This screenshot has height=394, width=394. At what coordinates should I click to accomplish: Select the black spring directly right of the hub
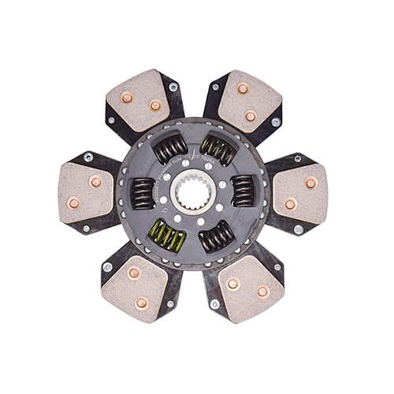pyautogui.click(x=242, y=191)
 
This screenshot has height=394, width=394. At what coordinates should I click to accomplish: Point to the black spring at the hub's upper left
pyautogui.click(x=170, y=147)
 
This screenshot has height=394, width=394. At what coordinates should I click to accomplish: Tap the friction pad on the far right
pyautogui.click(x=302, y=193)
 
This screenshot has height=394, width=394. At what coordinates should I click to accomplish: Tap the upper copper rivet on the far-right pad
pyautogui.click(x=310, y=182)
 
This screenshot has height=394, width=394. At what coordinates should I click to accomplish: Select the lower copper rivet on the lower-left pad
pyautogui.click(x=142, y=303)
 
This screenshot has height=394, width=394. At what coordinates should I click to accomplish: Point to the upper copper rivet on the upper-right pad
pyautogui.click(x=243, y=88)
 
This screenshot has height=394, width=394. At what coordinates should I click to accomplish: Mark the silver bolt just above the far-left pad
pyautogui.click(x=89, y=157)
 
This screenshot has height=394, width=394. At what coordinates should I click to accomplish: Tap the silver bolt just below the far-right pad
pyautogui.click(x=298, y=229)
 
